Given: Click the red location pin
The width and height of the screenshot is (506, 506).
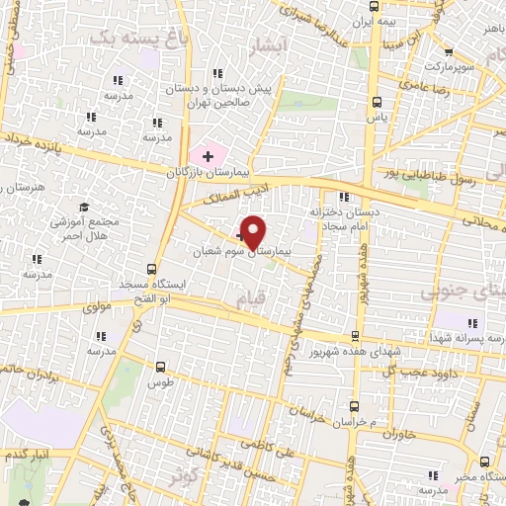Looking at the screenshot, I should click(253, 231).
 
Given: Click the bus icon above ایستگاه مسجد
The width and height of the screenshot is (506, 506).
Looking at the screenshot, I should click(151, 268).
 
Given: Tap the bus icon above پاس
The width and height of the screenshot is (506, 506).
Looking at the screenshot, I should click(377, 101).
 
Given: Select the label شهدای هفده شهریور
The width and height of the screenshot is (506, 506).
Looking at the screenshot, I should click(382, 352).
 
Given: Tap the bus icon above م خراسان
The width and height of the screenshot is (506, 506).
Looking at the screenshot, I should click(355, 406).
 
